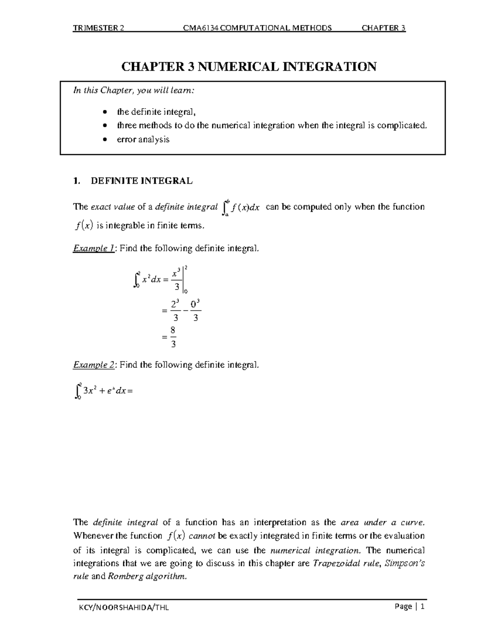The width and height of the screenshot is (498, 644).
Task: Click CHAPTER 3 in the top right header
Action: tap(383, 28)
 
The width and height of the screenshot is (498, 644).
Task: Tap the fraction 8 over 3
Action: tap(173, 337)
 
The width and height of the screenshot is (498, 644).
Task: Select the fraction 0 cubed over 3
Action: tap(196, 311)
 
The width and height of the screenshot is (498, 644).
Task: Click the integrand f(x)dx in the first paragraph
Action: tap(245, 207)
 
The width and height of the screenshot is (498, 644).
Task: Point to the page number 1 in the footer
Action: tap(422, 607)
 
